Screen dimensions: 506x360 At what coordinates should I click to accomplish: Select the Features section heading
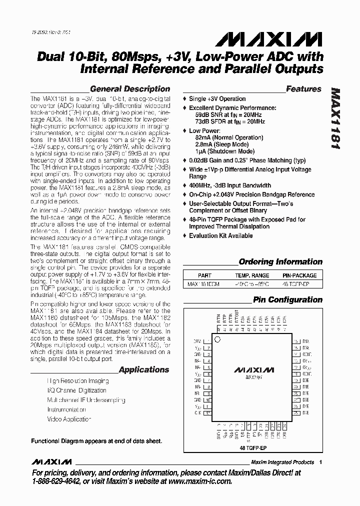303,89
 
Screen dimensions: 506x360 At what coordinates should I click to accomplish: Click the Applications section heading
144,370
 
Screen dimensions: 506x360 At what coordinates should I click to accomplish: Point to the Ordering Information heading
280,261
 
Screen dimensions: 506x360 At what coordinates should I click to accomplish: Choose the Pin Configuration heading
287,300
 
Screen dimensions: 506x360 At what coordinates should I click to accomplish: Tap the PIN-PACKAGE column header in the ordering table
299,275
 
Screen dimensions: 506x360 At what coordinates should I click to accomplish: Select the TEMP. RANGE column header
252,275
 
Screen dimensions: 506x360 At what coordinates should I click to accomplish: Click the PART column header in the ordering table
204,275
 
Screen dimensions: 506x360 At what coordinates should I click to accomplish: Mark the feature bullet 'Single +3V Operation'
217,99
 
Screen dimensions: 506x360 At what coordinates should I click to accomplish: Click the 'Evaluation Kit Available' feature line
220,235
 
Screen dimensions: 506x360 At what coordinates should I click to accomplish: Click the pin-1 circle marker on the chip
217,339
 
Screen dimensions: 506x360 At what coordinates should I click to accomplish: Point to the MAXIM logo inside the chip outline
254,370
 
